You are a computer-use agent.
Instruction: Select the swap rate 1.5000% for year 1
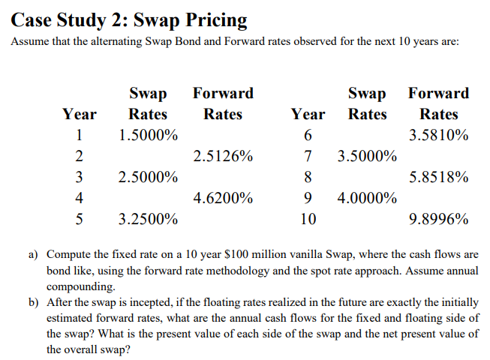coord(148,136)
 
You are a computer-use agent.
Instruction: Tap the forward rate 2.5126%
coord(223,157)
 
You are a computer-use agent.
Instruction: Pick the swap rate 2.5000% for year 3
coord(148,178)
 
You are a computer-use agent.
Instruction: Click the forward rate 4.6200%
coord(223,199)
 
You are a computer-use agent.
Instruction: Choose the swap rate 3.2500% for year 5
coord(148,220)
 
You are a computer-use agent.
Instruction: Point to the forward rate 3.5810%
coord(439,136)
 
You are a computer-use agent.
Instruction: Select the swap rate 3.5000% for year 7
coord(367,157)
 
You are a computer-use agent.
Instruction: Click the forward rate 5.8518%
coord(439,178)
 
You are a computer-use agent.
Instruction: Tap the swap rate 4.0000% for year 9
coord(367,199)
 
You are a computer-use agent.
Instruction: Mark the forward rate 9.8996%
coord(439,220)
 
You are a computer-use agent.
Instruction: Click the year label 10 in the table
coord(308,220)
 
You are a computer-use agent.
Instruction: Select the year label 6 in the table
coord(308,136)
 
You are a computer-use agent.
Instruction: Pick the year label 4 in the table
coord(79,199)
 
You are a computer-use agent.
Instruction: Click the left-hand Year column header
coord(79,114)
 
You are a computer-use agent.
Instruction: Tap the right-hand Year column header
coord(308,114)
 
